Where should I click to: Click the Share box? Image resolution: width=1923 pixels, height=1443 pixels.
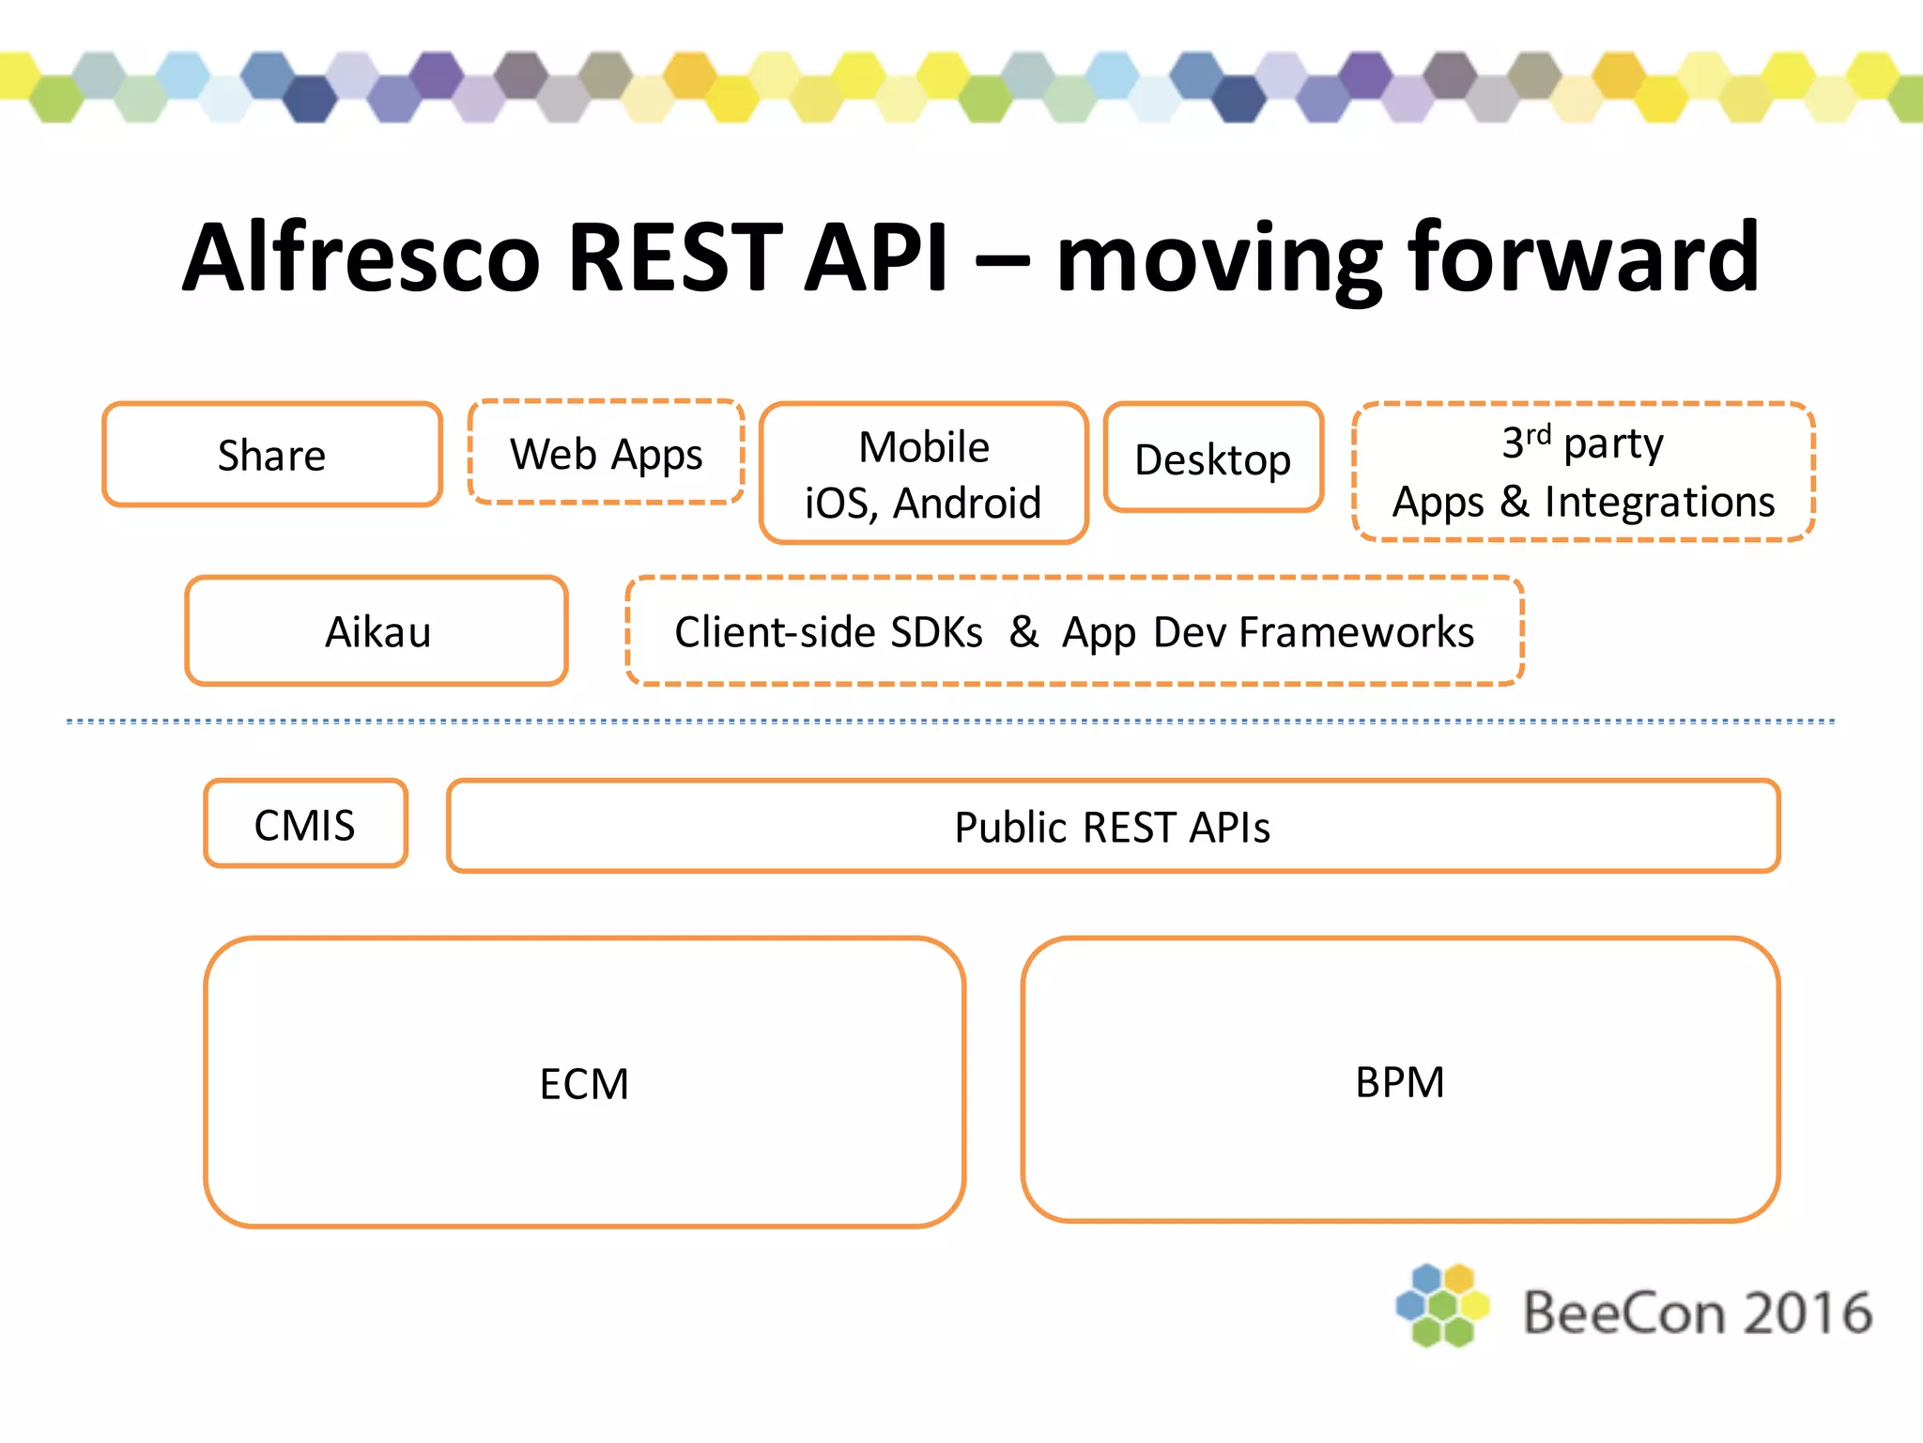tap(271, 456)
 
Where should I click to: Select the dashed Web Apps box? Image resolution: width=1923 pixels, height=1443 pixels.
tap(606, 454)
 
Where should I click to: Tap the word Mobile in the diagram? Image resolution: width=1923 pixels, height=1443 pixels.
tap(924, 447)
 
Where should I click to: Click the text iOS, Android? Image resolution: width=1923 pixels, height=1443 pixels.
tap(923, 504)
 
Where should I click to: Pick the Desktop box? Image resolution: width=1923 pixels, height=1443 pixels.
tap(1213, 459)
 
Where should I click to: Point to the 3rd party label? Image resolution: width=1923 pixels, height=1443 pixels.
tap(1583, 442)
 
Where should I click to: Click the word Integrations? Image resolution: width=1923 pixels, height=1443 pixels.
tap(1659, 502)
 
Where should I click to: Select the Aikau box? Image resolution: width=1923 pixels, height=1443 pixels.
tap(377, 631)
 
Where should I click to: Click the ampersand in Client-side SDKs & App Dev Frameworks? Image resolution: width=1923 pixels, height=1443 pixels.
tap(1023, 631)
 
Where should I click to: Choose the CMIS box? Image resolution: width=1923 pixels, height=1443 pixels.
tap(305, 825)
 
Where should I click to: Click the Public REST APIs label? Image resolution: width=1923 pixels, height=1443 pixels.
tap(1112, 828)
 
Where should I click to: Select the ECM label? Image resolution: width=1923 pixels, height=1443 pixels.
tap(584, 1084)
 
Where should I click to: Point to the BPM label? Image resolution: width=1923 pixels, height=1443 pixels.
tap(1399, 1082)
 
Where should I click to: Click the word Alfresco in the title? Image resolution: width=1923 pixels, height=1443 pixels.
tap(362, 257)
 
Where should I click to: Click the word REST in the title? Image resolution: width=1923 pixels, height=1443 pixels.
tap(675, 257)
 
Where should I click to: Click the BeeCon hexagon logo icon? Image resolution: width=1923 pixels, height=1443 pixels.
tap(1442, 1305)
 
